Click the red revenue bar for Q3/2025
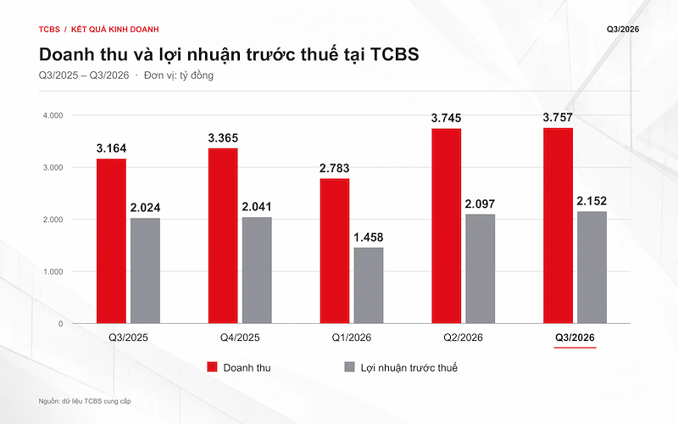point(111,241)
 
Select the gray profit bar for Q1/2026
point(369,286)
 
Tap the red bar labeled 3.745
point(447,226)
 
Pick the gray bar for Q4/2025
point(257,271)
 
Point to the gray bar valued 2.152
point(592,267)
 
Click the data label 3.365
point(223,138)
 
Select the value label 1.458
point(369,237)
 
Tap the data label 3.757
point(558,117)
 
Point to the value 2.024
point(145,208)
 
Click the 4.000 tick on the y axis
point(53,115)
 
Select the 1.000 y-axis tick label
point(53,271)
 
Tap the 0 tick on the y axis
point(60,324)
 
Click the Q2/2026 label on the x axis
point(463,338)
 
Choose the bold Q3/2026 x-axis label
point(575,338)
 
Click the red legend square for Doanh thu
point(212,367)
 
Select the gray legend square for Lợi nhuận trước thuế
point(349,367)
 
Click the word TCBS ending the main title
point(395,54)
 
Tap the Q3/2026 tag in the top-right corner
point(623,30)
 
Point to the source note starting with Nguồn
point(85,401)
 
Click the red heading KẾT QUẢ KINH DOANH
point(115,30)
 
